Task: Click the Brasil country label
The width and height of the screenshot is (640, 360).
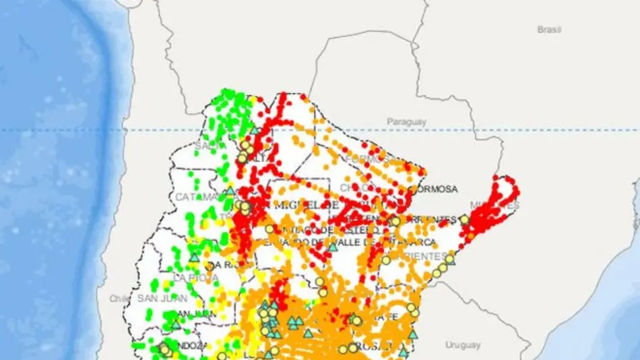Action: coord(550,30)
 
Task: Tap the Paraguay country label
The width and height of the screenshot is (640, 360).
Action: coord(406,122)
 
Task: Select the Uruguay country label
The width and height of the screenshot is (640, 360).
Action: coord(463,345)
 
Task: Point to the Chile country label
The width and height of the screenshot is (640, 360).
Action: coord(121,299)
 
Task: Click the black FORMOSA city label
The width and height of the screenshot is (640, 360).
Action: coord(434,189)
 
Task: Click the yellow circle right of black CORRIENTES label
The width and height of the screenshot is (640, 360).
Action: coord(464,219)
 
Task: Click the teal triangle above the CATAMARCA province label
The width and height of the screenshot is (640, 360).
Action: coord(230,191)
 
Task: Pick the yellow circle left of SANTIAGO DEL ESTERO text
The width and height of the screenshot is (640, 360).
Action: coord(269,229)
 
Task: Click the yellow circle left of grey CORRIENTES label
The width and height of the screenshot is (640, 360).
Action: coord(386,260)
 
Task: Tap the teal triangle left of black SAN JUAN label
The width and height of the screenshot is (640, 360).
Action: coord(176,324)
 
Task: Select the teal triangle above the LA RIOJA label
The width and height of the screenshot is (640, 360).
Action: coord(194,257)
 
